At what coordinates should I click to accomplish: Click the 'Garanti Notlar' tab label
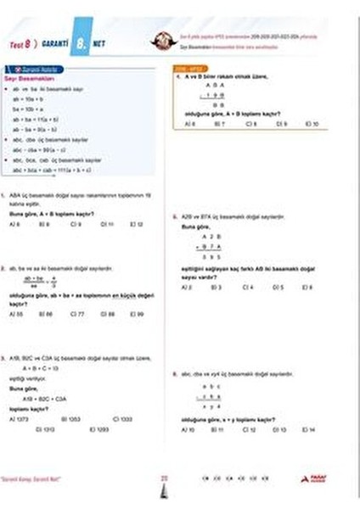33,67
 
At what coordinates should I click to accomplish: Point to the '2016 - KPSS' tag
184,67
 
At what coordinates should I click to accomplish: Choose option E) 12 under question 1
136,225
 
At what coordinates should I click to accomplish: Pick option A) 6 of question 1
14,225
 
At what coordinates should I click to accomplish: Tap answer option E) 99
136,314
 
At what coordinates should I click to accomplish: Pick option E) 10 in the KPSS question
312,124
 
